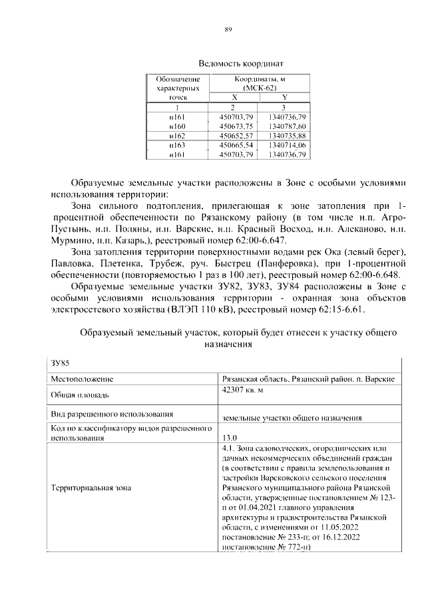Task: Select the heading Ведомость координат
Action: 228,65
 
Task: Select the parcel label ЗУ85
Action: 60,363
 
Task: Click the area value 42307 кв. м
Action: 243,390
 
